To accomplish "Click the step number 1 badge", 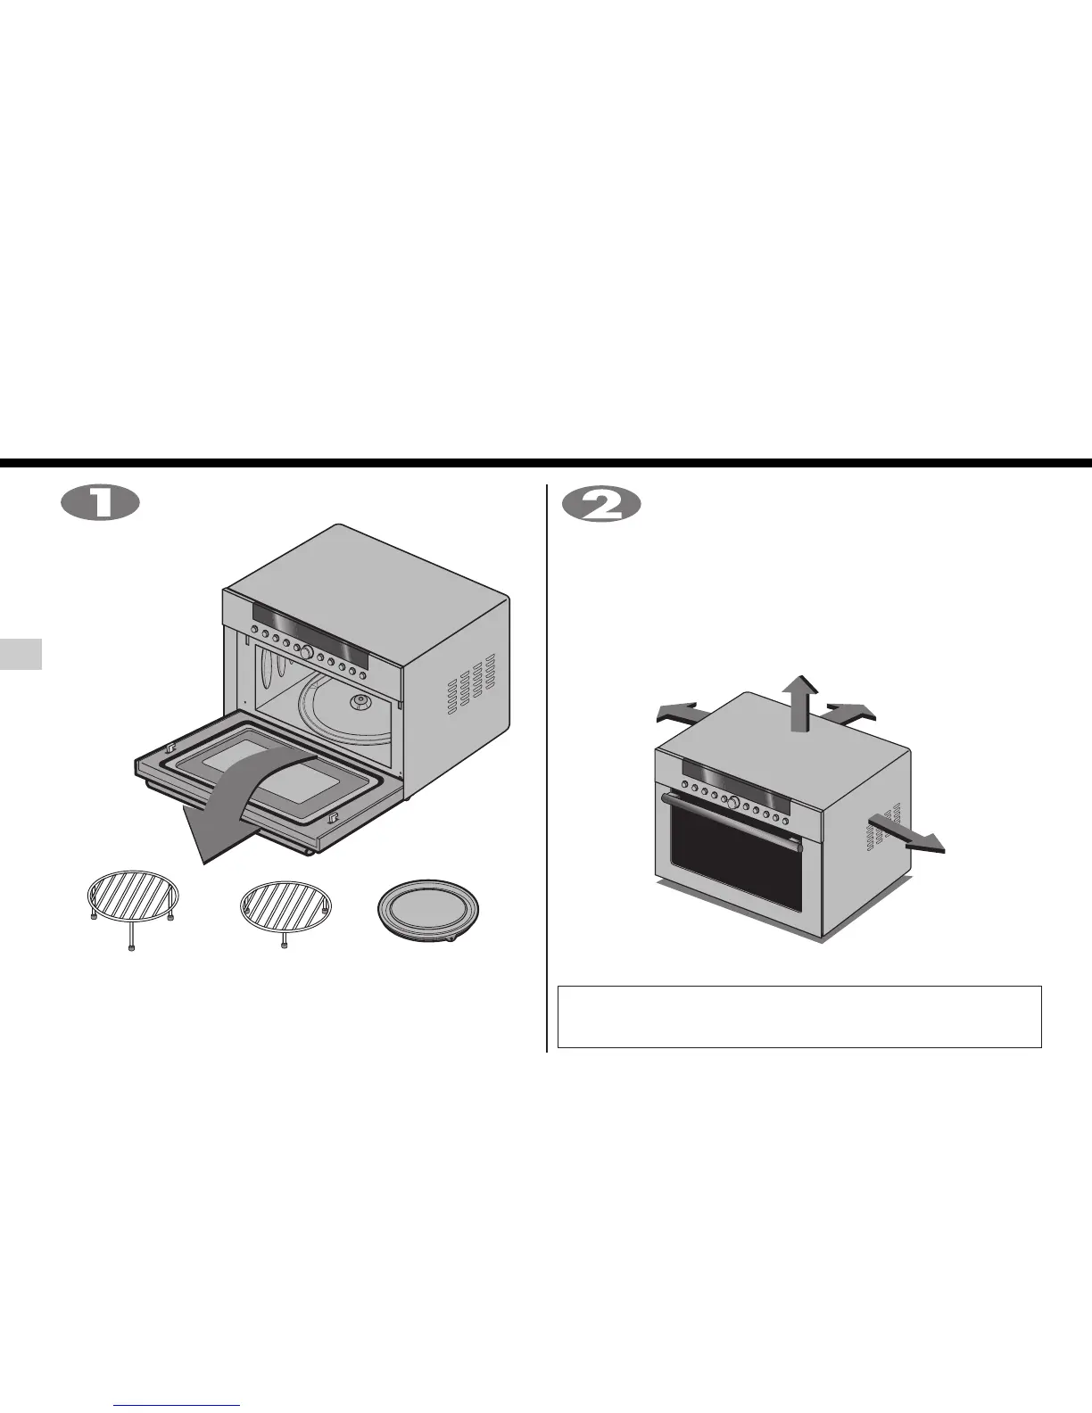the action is (x=100, y=504).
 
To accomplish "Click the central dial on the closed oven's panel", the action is (x=732, y=804).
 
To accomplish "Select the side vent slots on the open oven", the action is (x=470, y=688).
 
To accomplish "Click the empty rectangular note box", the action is (x=799, y=1016).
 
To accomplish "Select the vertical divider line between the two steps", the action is (x=546, y=767).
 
